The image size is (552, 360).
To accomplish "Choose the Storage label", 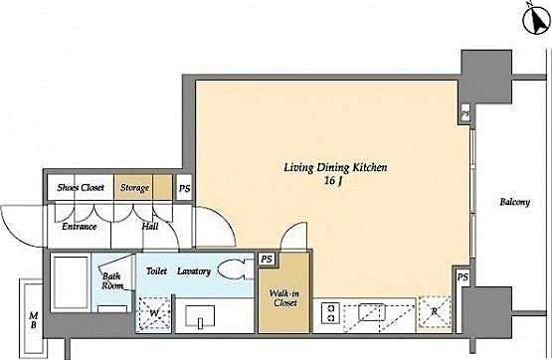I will coord(135,187).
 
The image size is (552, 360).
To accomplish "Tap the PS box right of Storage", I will coord(184,187).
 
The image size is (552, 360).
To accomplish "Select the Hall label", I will coord(149,226).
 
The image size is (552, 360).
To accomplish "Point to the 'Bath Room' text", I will coord(112,281).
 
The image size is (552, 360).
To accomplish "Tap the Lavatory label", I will coord(194,270).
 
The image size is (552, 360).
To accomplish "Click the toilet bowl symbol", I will coord(234,271).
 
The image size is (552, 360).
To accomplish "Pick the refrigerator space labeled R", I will coord(432,313).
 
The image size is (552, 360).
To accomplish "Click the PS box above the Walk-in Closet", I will coord(266,259).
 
